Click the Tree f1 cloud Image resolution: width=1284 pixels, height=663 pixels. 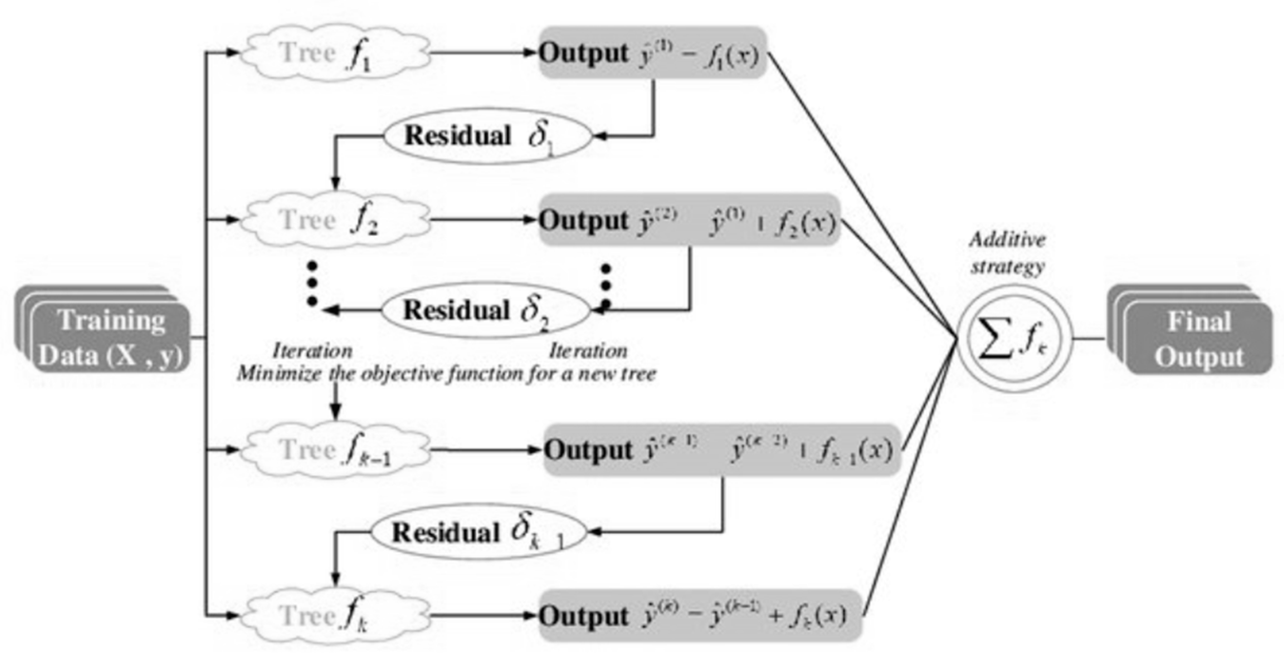pyautogui.click(x=335, y=53)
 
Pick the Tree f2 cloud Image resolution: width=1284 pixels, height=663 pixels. pyautogui.click(x=335, y=220)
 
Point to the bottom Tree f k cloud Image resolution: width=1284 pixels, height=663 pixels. pyautogui.click(x=335, y=615)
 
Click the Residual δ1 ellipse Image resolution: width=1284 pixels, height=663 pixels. pyautogui.click(x=488, y=136)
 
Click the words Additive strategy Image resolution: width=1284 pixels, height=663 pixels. pyautogui.click(x=1008, y=253)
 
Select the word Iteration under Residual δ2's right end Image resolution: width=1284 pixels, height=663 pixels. pyautogui.click(x=588, y=351)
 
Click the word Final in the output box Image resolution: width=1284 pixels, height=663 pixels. pyautogui.click(x=1199, y=321)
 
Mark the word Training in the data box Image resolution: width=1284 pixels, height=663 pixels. pyautogui.click(x=111, y=320)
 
